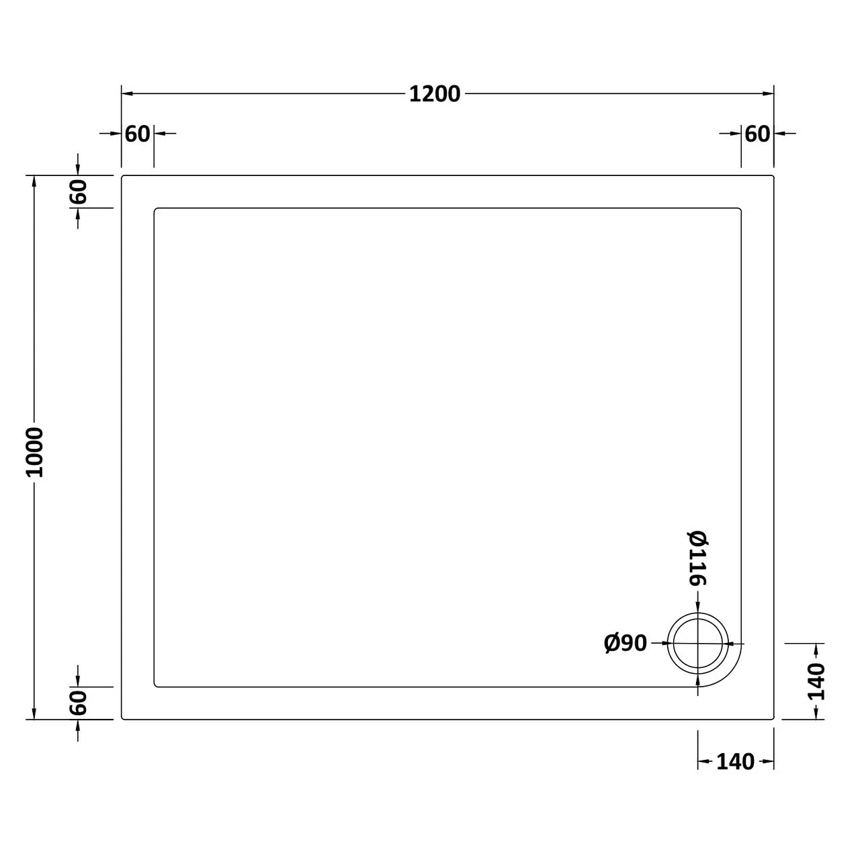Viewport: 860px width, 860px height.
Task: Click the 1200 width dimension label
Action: (x=435, y=94)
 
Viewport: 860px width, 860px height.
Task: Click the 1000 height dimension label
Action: (x=34, y=452)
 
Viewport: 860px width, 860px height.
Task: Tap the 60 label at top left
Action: (x=138, y=134)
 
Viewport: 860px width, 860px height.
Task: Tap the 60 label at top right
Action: (x=757, y=134)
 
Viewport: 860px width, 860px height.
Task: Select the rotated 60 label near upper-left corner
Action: (x=79, y=192)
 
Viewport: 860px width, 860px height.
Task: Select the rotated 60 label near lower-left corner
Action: (x=79, y=703)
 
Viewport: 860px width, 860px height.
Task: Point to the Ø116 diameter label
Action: (x=698, y=558)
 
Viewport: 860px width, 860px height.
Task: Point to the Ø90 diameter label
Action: (x=626, y=644)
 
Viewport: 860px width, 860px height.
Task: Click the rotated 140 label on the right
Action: (x=816, y=681)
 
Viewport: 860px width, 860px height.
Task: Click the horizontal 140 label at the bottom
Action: (x=735, y=762)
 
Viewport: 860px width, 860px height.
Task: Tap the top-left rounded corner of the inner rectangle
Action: (x=156, y=210)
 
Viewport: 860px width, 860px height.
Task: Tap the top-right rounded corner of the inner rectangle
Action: (x=739, y=210)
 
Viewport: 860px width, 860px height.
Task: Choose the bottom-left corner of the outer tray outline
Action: (x=123, y=718)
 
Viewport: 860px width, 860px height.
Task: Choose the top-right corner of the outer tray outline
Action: (x=773, y=177)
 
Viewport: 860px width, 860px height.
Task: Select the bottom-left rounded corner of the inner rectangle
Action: (x=156, y=685)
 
